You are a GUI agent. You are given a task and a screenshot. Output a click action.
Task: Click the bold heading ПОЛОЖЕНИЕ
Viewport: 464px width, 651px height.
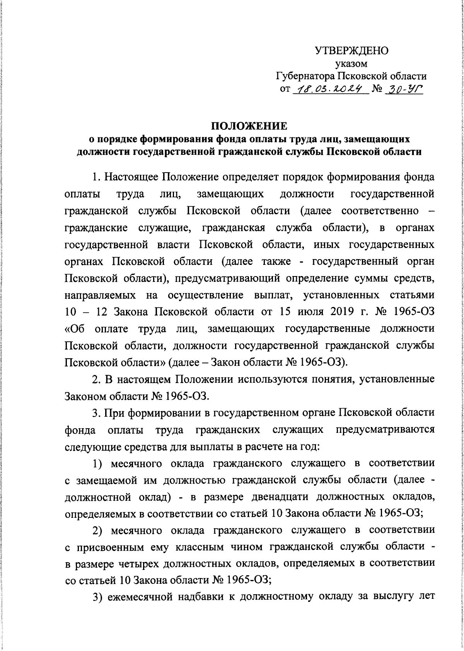(249, 127)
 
